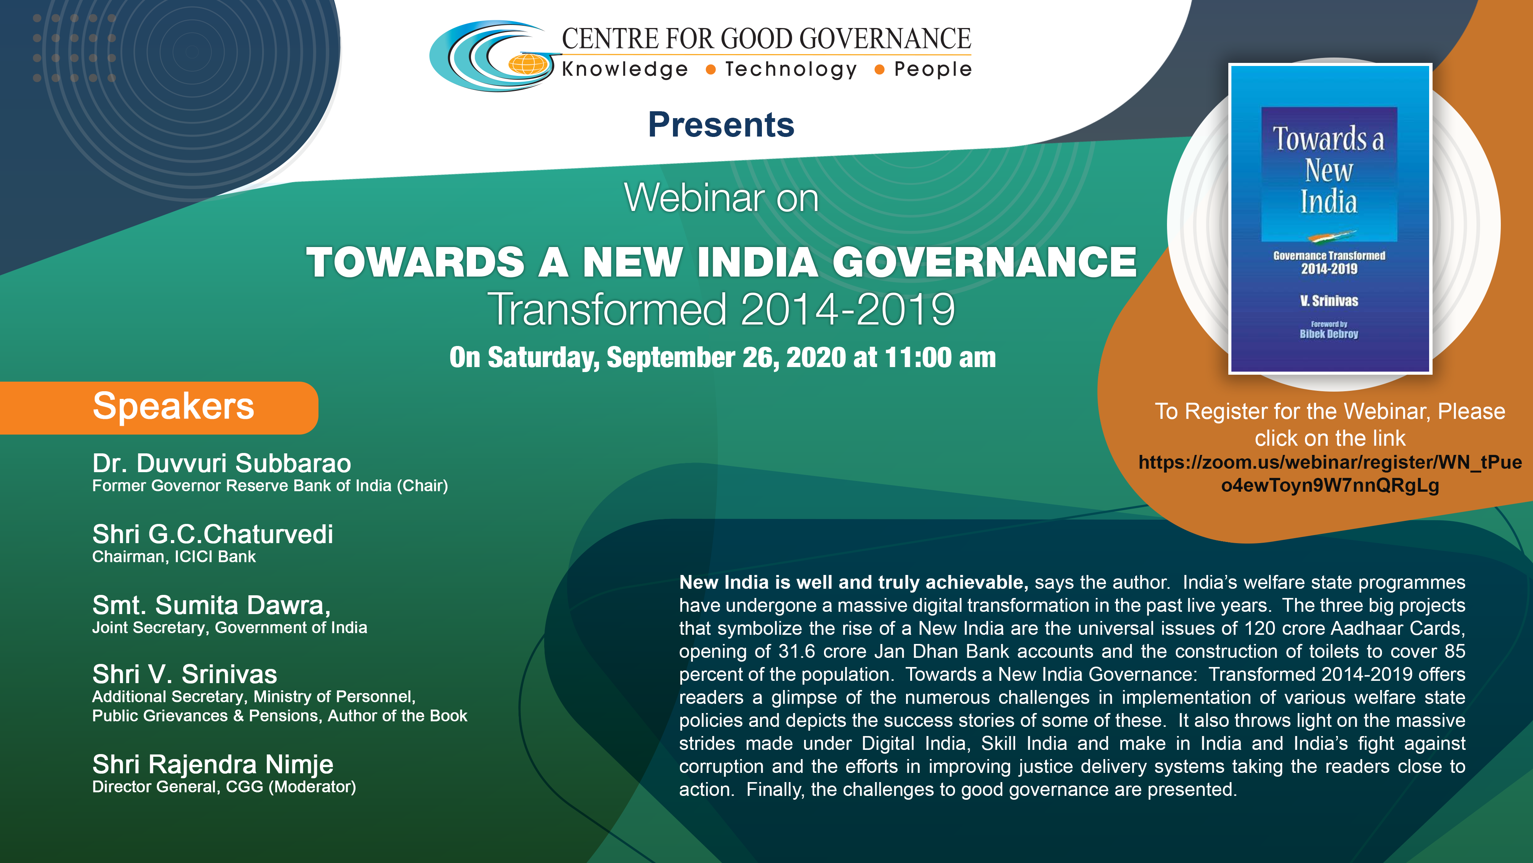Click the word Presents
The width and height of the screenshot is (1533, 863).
coord(721,125)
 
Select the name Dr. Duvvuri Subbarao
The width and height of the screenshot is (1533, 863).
coord(222,463)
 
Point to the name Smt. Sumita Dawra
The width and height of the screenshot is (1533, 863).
coord(211,605)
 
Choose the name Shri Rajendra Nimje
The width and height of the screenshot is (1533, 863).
coord(212,764)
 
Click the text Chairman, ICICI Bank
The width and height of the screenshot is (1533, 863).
coord(174,557)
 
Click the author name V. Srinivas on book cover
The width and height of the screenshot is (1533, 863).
coord(1329,301)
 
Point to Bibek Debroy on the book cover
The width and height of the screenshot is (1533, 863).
coord(1329,334)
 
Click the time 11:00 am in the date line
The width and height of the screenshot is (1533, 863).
coord(940,357)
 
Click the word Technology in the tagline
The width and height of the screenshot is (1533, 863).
coord(791,70)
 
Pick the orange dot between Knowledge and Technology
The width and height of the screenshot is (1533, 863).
coord(710,70)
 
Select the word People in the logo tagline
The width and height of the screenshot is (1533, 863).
coord(932,70)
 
